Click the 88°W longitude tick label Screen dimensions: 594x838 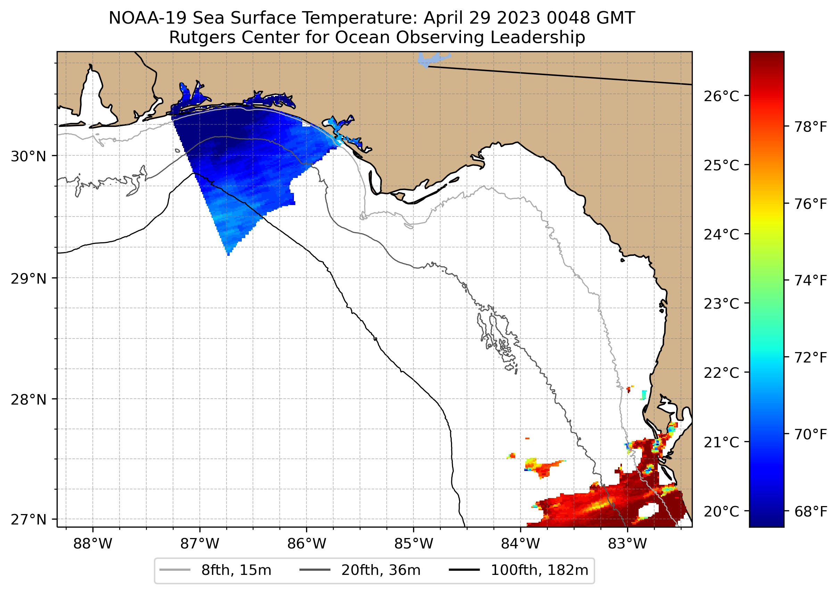point(92,544)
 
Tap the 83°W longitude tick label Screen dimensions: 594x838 point(627,544)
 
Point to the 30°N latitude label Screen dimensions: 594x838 point(28,156)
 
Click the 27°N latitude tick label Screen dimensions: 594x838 point(28,519)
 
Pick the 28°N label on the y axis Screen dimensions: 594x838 point(28,400)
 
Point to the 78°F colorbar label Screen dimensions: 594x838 point(811,127)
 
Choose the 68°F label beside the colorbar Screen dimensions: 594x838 point(811,511)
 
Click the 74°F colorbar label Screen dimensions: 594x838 point(811,280)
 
